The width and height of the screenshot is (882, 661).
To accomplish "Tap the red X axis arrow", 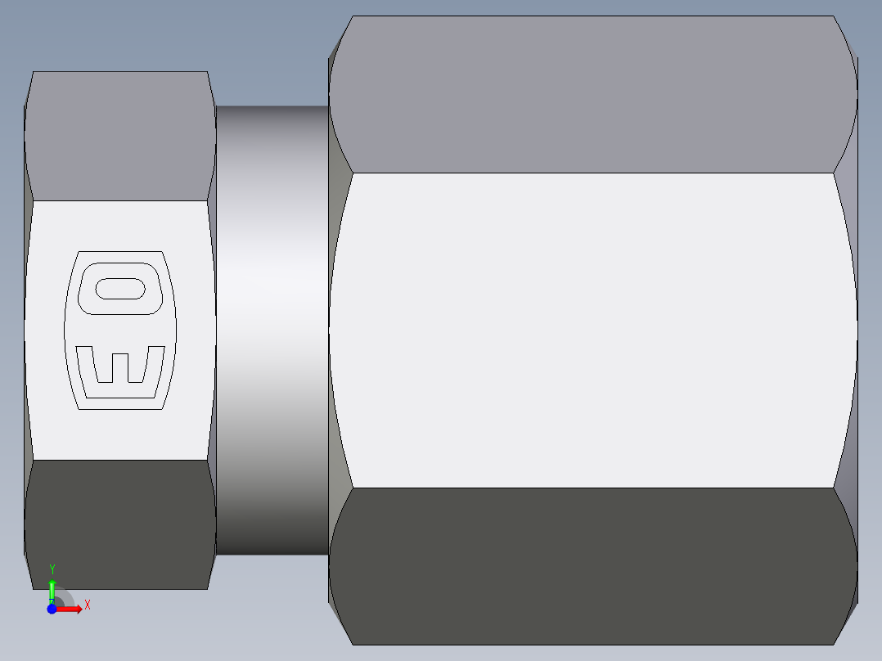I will tap(72, 609).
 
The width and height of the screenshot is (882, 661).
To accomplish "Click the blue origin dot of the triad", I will tap(52, 609).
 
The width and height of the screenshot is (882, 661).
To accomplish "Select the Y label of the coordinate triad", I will tap(52, 569).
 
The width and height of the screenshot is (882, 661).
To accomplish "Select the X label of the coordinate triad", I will tap(87, 605).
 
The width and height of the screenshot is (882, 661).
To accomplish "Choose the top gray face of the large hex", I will tap(593, 94).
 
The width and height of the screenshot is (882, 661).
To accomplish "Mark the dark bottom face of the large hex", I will tap(593, 564).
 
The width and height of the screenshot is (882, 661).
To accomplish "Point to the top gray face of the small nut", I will tap(119, 135).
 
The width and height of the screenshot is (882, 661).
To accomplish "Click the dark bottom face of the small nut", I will tap(119, 524).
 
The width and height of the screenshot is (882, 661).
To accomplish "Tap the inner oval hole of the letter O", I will tap(121, 289).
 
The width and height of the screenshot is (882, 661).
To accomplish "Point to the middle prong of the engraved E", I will tap(119, 367).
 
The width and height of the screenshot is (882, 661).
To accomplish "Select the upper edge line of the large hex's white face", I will tap(593, 173).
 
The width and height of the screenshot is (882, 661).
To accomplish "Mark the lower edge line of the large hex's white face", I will tap(593, 488).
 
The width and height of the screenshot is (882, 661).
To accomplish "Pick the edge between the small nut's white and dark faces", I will tap(119, 460).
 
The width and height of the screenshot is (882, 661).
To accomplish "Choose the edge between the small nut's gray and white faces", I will tap(119, 200).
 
